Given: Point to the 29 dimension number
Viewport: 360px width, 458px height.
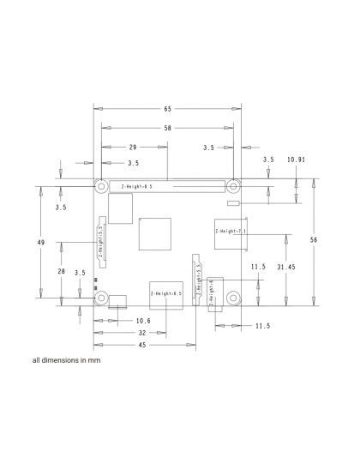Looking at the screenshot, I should (133, 147).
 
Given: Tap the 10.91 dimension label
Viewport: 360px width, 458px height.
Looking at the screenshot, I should (297, 160).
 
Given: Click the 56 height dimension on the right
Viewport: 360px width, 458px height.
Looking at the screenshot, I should (314, 240).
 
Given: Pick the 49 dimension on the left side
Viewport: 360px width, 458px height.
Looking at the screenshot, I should (41, 244).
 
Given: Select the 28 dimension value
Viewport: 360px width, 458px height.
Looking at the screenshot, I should (61, 271).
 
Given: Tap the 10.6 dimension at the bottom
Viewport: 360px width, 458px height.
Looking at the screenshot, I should (119, 321).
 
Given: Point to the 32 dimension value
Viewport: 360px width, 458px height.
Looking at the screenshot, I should (141, 332).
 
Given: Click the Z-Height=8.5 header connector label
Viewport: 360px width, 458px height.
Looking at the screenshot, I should (136, 185).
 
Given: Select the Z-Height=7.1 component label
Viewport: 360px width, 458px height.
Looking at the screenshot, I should (231, 231).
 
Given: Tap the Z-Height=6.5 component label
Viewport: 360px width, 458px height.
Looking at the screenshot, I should (166, 293).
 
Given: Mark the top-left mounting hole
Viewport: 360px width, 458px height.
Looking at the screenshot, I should (101, 185).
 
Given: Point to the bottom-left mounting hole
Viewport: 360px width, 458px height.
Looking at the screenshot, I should (101, 298).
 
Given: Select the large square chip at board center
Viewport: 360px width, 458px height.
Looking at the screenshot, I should (153, 233).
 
